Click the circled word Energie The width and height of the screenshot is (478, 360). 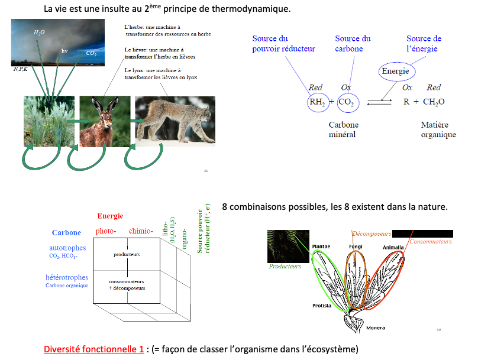tap(395, 72)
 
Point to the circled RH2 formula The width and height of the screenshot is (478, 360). tap(317, 102)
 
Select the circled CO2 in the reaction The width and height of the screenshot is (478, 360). tap(345, 102)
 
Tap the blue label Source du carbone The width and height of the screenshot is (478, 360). tap(353, 44)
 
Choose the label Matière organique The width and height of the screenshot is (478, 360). tap(438, 130)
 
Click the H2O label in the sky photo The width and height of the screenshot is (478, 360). tap(39, 32)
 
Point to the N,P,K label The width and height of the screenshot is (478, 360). tap(21, 69)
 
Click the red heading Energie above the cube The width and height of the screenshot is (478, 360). tap(110, 216)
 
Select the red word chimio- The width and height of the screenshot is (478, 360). tap(140, 231)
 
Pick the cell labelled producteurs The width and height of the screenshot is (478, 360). tap(127, 254)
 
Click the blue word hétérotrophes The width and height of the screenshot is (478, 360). tap(67, 277)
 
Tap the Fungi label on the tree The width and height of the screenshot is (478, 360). tap(355, 247)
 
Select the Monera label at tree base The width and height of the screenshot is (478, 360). tap(376, 327)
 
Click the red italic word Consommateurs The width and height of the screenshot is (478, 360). tap(431, 242)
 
